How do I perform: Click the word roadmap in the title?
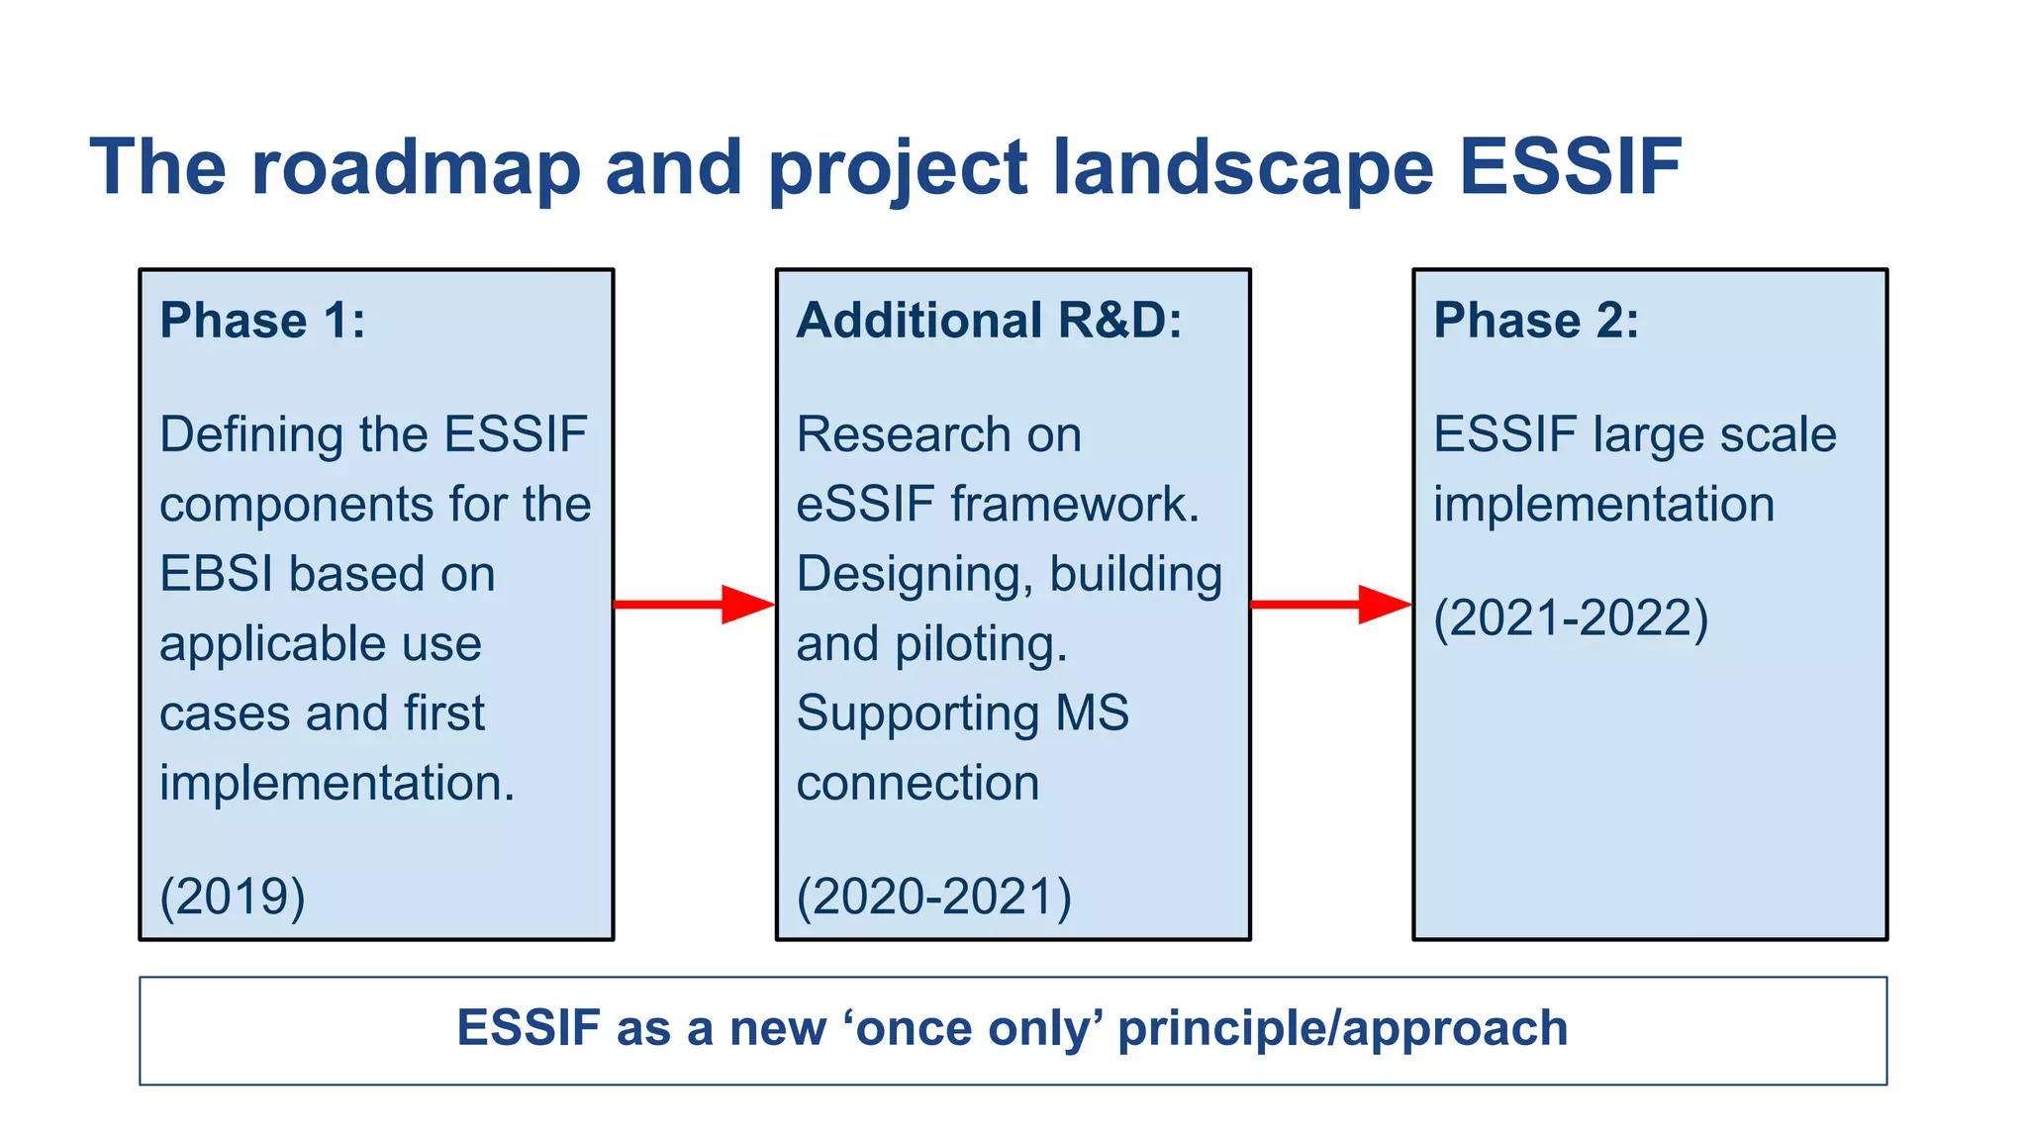pos(415,167)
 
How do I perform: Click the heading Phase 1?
pos(262,321)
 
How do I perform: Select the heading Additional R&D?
pos(989,321)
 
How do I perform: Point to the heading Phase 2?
pos(1536,321)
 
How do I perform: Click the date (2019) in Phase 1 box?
pos(233,897)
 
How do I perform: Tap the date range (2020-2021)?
pos(933,897)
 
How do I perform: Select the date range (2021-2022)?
pos(1571,618)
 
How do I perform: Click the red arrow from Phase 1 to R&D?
pos(694,604)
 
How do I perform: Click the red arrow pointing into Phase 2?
pos(1331,604)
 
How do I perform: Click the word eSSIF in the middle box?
pos(865,505)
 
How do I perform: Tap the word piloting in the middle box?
pos(980,644)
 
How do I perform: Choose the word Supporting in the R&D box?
pos(917,714)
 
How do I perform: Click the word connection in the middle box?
pos(917,784)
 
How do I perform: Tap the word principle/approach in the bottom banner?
pos(1342,1029)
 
